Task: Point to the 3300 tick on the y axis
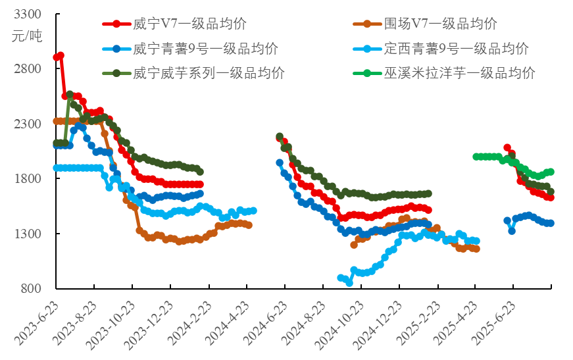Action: click(x=27, y=14)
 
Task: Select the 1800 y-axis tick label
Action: click(x=27, y=178)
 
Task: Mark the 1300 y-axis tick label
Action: click(x=27, y=234)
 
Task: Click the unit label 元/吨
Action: click(x=27, y=36)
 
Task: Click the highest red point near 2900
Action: click(x=61, y=55)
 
